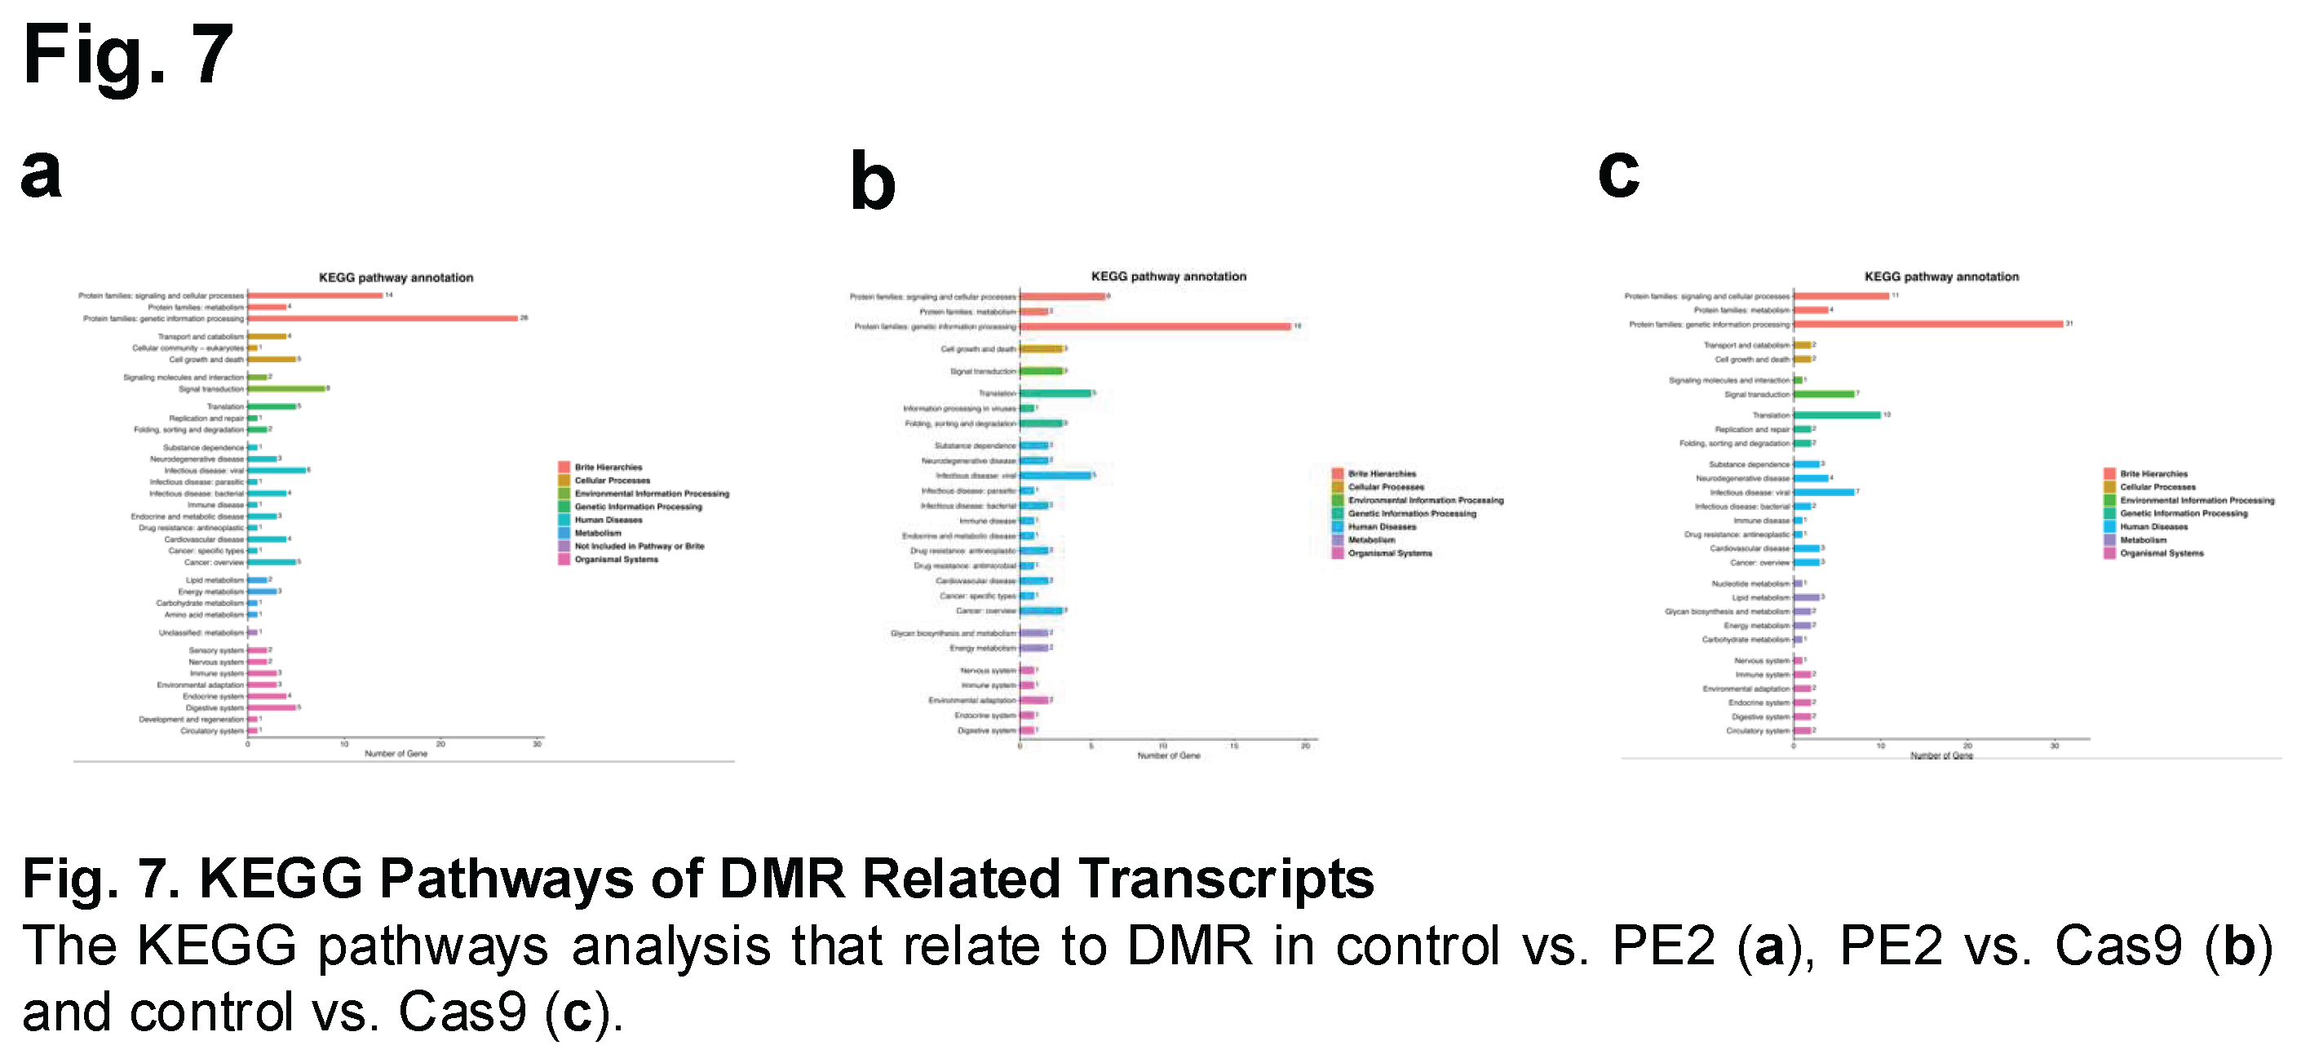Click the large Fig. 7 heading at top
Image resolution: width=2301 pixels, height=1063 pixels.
pos(128,55)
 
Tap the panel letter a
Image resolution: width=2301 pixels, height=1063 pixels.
pos(41,172)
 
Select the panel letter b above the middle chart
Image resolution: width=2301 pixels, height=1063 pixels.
pos(872,182)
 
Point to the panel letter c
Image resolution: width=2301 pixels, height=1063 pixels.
pos(1617,172)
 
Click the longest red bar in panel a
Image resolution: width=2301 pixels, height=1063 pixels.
pos(383,318)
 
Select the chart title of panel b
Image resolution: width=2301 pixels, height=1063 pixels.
pos(1168,277)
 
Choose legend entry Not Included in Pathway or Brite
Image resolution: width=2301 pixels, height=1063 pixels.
pos(639,546)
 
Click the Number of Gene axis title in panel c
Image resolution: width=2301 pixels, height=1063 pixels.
pos(1941,755)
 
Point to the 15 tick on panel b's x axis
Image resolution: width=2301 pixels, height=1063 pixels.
pos(1233,746)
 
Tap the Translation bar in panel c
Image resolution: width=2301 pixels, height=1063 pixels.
pos(1837,414)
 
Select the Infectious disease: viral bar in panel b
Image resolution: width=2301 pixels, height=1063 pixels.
pos(1055,476)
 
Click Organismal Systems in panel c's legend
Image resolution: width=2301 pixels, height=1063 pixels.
pos(2161,554)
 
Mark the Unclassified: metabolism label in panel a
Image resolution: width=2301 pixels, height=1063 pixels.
pos(201,632)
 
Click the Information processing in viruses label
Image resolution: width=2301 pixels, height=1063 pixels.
pos(959,408)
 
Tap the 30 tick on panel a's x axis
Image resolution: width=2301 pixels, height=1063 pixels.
pos(537,744)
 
